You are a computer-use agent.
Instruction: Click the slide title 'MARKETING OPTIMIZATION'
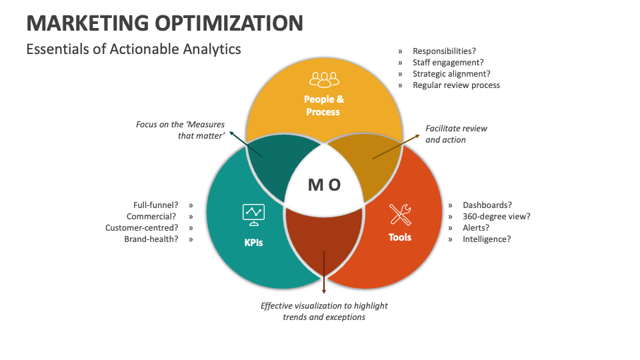coord(165,23)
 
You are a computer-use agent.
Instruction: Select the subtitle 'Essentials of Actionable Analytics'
coord(133,49)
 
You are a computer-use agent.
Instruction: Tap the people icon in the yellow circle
coord(324,80)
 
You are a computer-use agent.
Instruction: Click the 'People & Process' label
coord(324,105)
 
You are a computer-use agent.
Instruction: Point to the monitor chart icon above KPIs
coord(253,213)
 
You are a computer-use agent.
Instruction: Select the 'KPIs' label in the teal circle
coord(253,242)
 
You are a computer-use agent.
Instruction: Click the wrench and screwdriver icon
coord(400,214)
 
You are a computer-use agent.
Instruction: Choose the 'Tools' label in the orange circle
coord(400,237)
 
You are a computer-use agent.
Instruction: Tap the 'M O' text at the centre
coord(325,185)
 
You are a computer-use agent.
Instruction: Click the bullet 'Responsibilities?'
coord(444,51)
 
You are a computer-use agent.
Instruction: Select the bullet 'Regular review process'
coord(456,85)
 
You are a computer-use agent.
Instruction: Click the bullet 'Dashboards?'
coord(487,205)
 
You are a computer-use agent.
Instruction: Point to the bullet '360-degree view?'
coord(497,217)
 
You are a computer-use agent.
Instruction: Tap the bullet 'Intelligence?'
coord(487,239)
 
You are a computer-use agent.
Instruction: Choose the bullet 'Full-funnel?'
coord(155,205)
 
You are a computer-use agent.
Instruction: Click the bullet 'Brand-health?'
coord(151,239)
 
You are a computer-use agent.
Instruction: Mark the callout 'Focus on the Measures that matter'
coord(180,129)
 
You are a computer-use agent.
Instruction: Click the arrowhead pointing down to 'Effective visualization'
coord(324,291)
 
